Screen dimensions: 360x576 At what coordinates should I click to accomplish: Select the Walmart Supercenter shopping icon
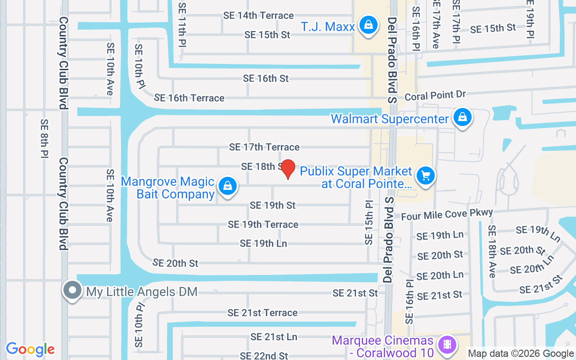462,117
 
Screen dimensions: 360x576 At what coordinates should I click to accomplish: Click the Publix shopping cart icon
426,175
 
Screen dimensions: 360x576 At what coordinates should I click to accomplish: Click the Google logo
30,349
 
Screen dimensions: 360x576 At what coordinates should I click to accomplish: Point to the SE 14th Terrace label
258,15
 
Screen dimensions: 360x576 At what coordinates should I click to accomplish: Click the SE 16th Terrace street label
189,98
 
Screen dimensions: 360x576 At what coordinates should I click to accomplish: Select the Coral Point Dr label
435,95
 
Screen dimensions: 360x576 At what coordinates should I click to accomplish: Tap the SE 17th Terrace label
264,147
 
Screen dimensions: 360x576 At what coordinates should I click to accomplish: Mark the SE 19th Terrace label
263,224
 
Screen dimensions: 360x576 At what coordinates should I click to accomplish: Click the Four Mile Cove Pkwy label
447,214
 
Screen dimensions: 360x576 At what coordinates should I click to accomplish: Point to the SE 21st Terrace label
262,313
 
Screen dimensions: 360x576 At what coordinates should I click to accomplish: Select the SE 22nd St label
264,355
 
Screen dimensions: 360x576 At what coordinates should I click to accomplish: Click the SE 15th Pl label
369,222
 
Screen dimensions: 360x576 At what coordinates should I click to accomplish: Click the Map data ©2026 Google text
521,354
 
